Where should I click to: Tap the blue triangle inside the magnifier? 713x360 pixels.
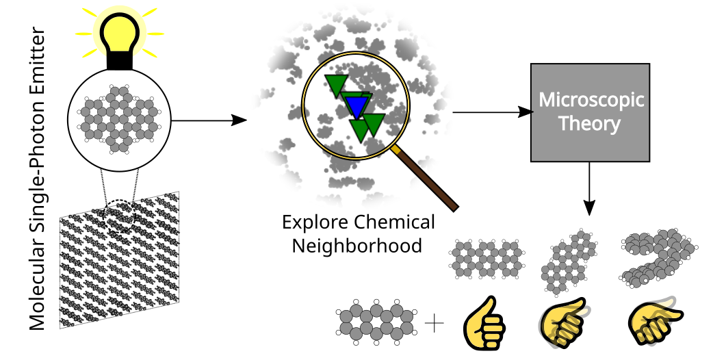tap(356, 105)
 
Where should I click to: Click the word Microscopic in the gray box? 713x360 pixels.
tap(591, 99)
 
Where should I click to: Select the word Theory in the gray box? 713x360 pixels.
tap(590, 125)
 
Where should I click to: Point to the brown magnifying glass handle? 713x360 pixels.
tap(428, 179)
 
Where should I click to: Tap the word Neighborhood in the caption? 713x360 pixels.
tap(356, 245)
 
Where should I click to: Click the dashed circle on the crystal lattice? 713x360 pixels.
tap(122, 215)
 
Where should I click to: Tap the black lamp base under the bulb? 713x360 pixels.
tap(120, 61)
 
